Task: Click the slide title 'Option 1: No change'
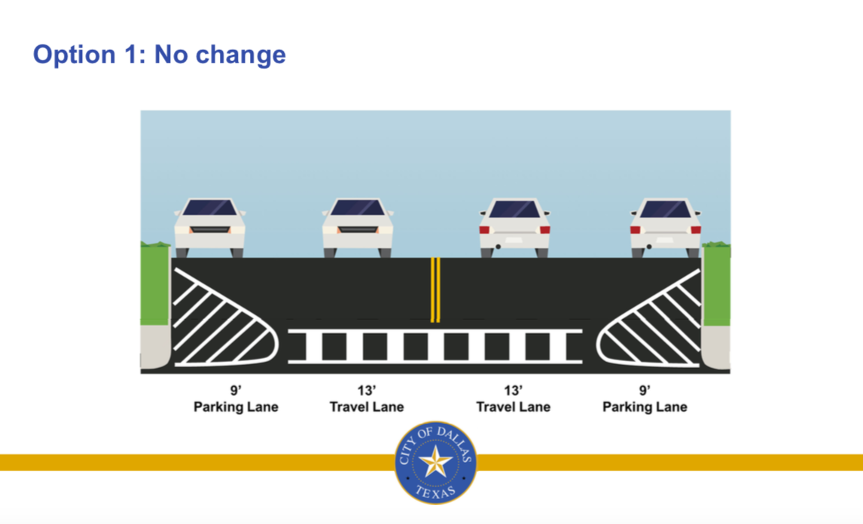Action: tap(159, 55)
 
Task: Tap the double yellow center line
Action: tap(435, 290)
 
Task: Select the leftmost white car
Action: tap(210, 227)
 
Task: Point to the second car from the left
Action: tap(358, 227)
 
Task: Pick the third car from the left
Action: tap(515, 227)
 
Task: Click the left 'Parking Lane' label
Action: tap(236, 407)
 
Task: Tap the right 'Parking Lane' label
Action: tap(645, 407)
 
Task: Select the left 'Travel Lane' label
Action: tap(367, 407)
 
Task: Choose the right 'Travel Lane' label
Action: tap(513, 407)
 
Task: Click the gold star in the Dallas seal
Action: tap(435, 461)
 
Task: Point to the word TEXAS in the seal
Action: tap(435, 492)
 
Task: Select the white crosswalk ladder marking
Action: tap(435, 346)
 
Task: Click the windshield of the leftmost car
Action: tap(210, 207)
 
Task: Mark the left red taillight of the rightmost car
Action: tap(636, 230)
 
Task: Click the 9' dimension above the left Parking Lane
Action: tap(235, 391)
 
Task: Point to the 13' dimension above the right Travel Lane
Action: tap(513, 391)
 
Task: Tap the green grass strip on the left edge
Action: tap(154, 287)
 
